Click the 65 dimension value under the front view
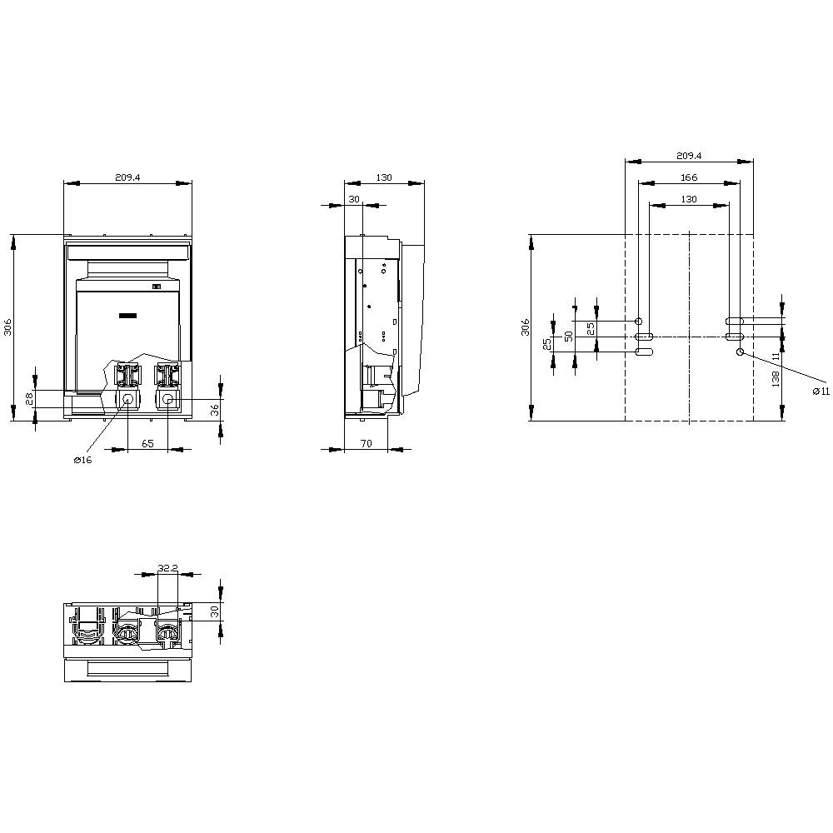pos(147,444)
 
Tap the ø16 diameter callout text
pos(82,461)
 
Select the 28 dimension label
pos(27,398)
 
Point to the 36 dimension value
pos(214,409)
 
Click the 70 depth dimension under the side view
pos(366,444)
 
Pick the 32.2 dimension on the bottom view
pos(167,568)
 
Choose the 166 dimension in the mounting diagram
pos(688,177)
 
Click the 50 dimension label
pos(569,336)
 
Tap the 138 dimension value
pos(776,380)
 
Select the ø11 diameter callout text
pos(821,392)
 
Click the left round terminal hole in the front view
pos(128,400)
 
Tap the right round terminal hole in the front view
pos(167,400)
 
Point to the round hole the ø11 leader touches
pos(740,352)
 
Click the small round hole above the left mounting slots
pos(639,321)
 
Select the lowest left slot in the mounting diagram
pos(644,352)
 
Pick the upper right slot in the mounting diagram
pos(734,321)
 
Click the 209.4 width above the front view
pos(127,177)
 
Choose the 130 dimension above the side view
pos(384,177)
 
